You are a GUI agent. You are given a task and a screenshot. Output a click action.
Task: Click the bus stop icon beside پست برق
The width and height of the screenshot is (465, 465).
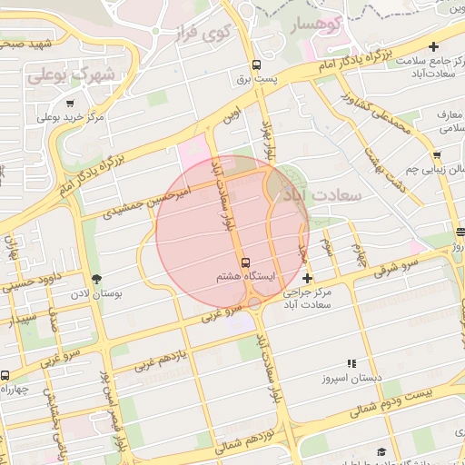256,65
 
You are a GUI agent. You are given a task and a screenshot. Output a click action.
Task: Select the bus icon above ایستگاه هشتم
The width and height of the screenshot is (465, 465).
245,262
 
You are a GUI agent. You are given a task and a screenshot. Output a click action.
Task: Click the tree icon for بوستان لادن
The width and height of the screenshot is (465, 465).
97,279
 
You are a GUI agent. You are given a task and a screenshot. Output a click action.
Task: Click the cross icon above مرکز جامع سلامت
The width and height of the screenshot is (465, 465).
434,46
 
